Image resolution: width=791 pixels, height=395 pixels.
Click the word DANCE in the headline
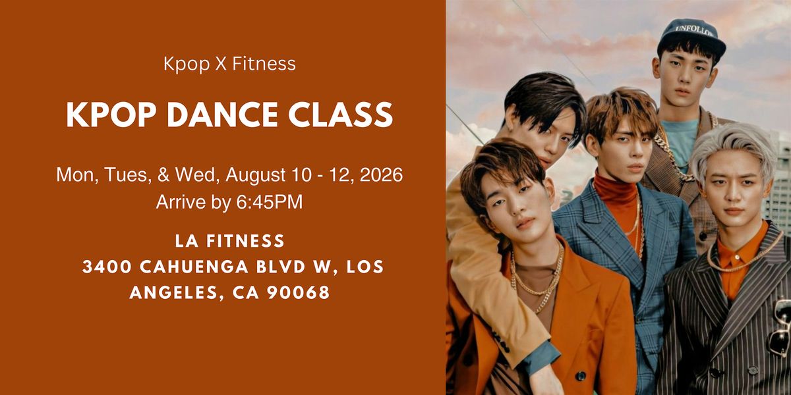(x=223, y=115)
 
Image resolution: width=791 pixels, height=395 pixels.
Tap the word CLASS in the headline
(x=340, y=115)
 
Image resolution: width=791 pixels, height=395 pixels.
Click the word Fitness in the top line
(x=264, y=64)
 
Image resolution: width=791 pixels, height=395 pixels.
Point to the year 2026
(x=381, y=174)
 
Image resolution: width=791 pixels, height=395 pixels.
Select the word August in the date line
(x=256, y=175)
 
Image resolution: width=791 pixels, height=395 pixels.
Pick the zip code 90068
(x=299, y=293)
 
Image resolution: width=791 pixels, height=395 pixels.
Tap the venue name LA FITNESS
(x=230, y=241)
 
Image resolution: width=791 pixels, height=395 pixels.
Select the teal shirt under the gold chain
(x=680, y=142)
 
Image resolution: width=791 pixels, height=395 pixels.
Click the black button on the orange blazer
(x=580, y=376)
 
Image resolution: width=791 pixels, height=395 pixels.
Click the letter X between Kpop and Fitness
(x=221, y=65)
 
